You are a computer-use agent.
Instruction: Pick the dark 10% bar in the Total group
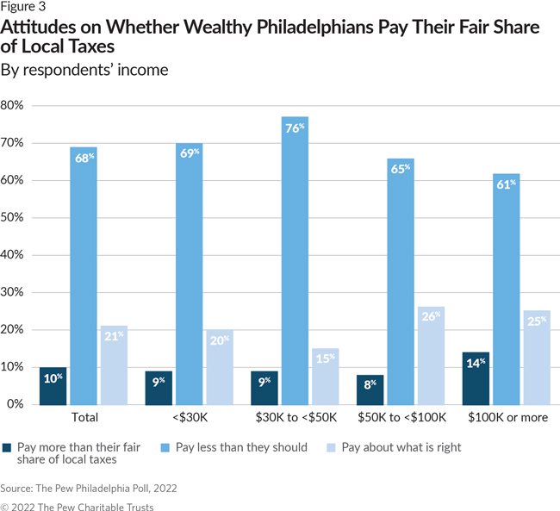53,385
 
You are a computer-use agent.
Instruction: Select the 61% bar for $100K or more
506,289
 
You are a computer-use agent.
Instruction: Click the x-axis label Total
84,417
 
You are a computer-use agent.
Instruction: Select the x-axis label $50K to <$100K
401,417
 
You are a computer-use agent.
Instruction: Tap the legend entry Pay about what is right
401,447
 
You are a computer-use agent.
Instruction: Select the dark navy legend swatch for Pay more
8,447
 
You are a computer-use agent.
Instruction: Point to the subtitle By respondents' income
84,70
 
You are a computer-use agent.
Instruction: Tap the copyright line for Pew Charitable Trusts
77,506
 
